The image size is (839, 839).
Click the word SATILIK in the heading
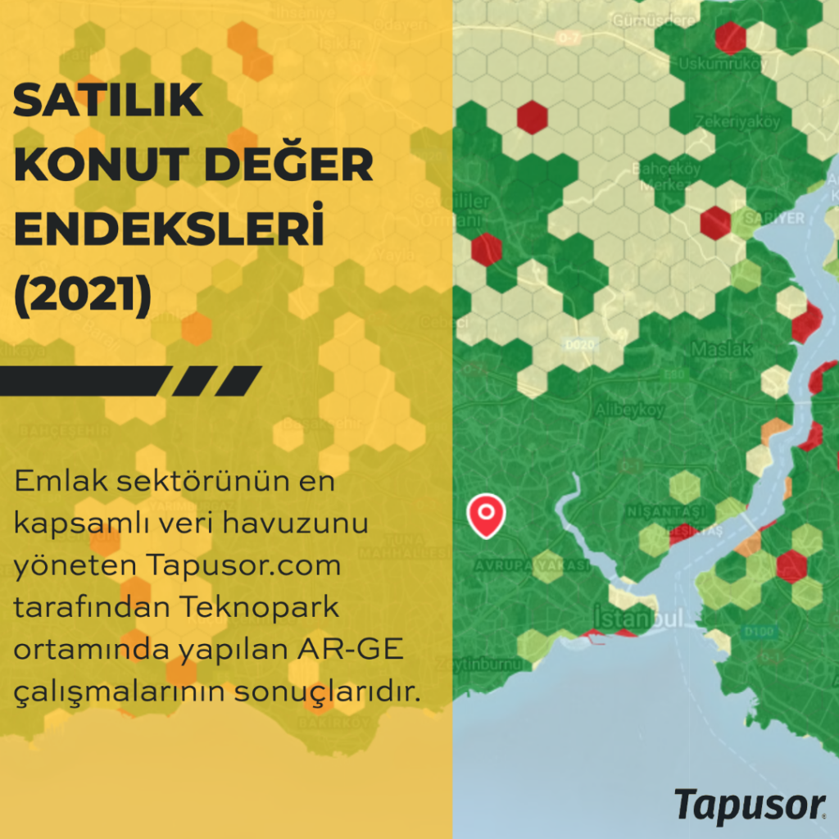tap(108, 102)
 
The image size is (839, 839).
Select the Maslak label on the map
tap(721, 349)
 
